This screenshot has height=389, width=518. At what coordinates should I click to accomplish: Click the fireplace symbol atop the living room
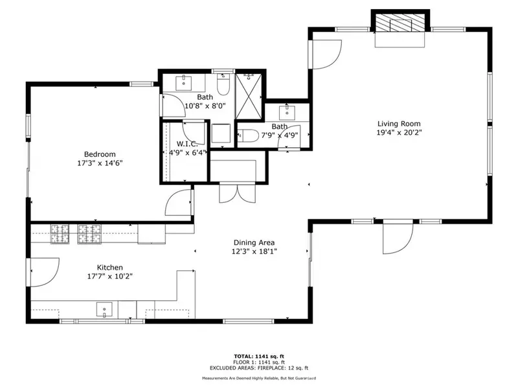(x=400, y=24)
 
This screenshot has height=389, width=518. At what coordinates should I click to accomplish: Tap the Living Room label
(x=400, y=124)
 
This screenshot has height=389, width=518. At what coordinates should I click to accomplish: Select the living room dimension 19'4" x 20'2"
(x=400, y=133)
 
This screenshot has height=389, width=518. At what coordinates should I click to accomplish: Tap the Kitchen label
(x=110, y=267)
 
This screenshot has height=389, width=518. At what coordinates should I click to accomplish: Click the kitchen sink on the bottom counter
(x=103, y=309)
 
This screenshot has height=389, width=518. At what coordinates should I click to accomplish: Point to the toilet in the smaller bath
(x=250, y=136)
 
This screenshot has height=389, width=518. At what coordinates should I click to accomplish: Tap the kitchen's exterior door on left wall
(x=43, y=271)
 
